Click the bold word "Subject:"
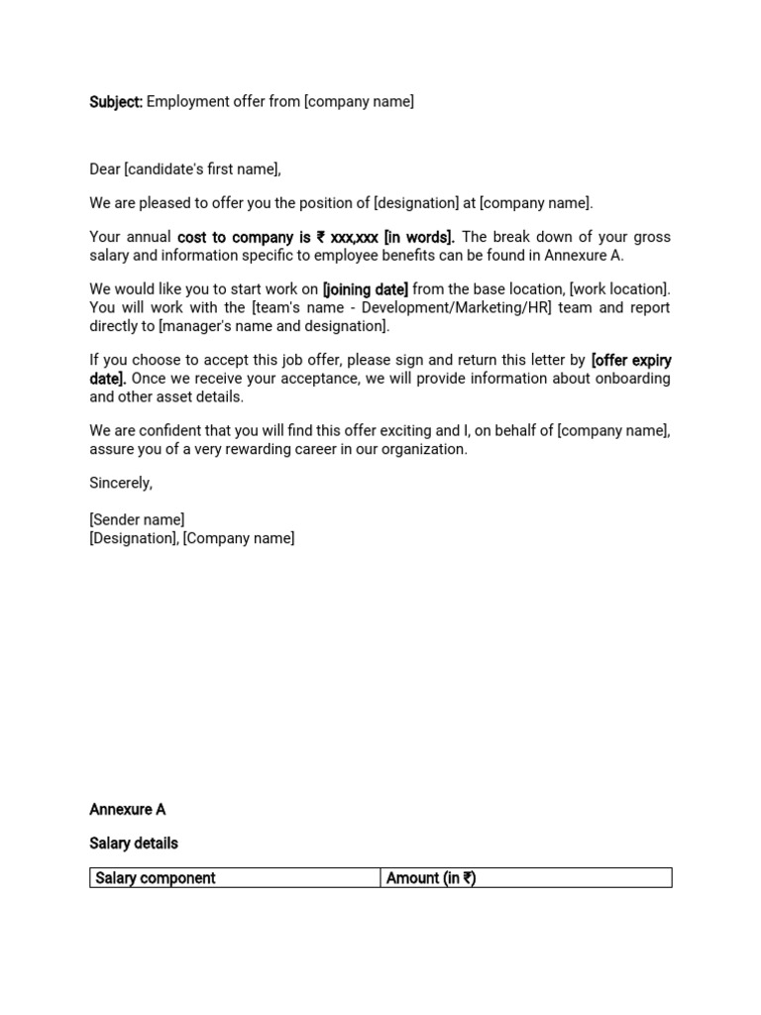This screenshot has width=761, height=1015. pyautogui.click(x=116, y=102)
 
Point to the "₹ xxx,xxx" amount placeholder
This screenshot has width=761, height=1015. pyautogui.click(x=347, y=237)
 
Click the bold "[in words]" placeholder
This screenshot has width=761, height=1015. pyautogui.click(x=419, y=237)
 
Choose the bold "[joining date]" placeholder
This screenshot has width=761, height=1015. pyautogui.click(x=365, y=289)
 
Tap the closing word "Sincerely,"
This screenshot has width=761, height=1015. pyautogui.click(x=121, y=483)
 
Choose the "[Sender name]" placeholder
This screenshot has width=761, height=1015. pyautogui.click(x=137, y=520)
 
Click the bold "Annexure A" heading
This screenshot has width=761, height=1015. pyautogui.click(x=127, y=810)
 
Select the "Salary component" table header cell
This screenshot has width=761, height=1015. pyautogui.click(x=156, y=878)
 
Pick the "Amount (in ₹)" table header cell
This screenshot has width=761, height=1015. pyautogui.click(x=430, y=878)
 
